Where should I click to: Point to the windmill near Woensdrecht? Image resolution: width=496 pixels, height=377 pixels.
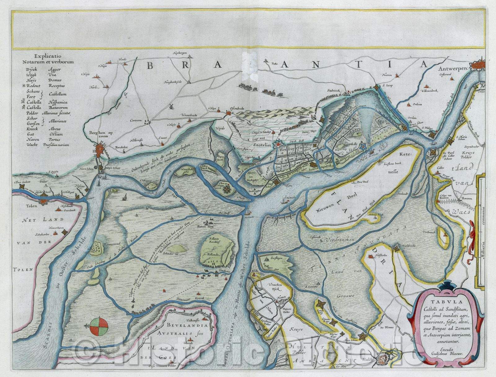[x=170, y=107]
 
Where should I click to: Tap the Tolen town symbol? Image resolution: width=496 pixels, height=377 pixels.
[x=42, y=204]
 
